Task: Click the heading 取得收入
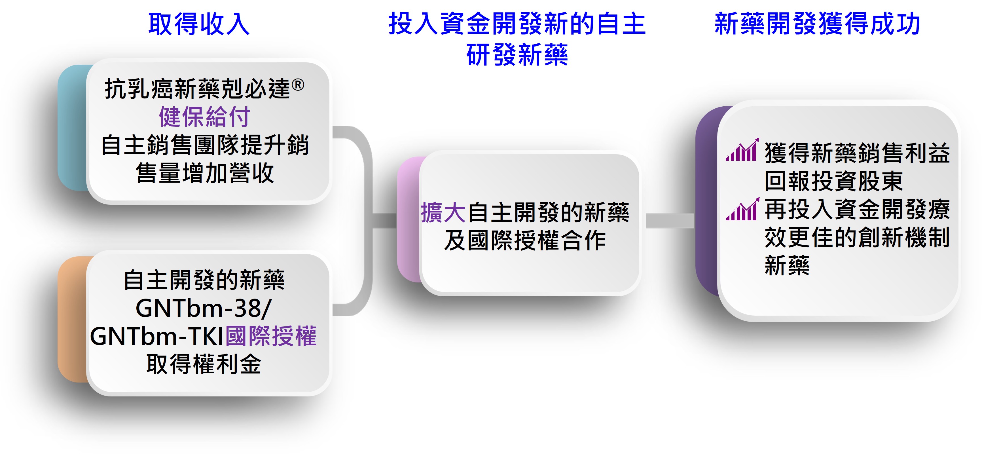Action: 199,24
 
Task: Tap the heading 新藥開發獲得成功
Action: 817,24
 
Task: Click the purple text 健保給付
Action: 204,117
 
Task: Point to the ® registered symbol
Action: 298,85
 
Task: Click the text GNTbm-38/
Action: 204,308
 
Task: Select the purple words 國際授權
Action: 271,336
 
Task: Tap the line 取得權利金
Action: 204,364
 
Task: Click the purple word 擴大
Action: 443,212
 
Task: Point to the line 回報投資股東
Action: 833,181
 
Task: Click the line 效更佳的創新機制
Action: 857,237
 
